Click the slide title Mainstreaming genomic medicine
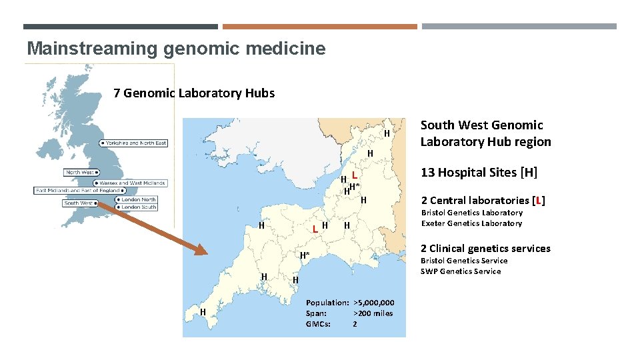pos(176,49)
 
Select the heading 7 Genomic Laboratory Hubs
pos(194,93)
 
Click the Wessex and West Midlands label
pos(132,183)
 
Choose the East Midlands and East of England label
pos(79,191)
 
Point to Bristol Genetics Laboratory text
pos(471,213)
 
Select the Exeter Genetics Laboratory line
pos(471,223)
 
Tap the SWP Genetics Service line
pos(460,271)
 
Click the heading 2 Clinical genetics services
pos(485,249)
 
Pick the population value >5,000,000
pos(374,303)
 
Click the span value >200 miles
pos(373,313)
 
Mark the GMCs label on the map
pos(318,324)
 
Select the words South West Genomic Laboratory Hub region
pos(485,133)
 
